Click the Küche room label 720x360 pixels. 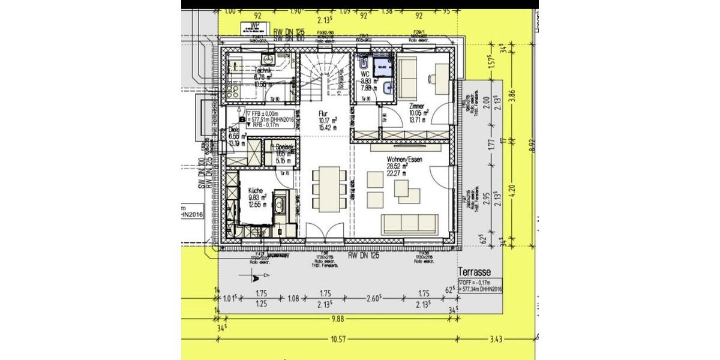pos(255,190)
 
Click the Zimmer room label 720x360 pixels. pos(417,106)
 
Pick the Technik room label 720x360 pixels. pos(264,70)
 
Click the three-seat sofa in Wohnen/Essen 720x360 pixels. pos(410,223)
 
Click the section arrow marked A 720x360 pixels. pos(255,277)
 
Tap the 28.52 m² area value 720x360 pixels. pos(397,166)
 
